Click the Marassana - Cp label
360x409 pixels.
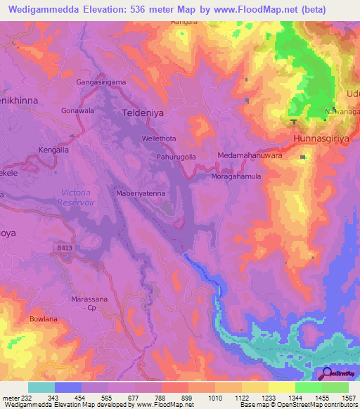point(89,304)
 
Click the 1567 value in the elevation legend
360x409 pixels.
point(348,398)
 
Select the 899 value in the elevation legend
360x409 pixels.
point(188,398)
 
